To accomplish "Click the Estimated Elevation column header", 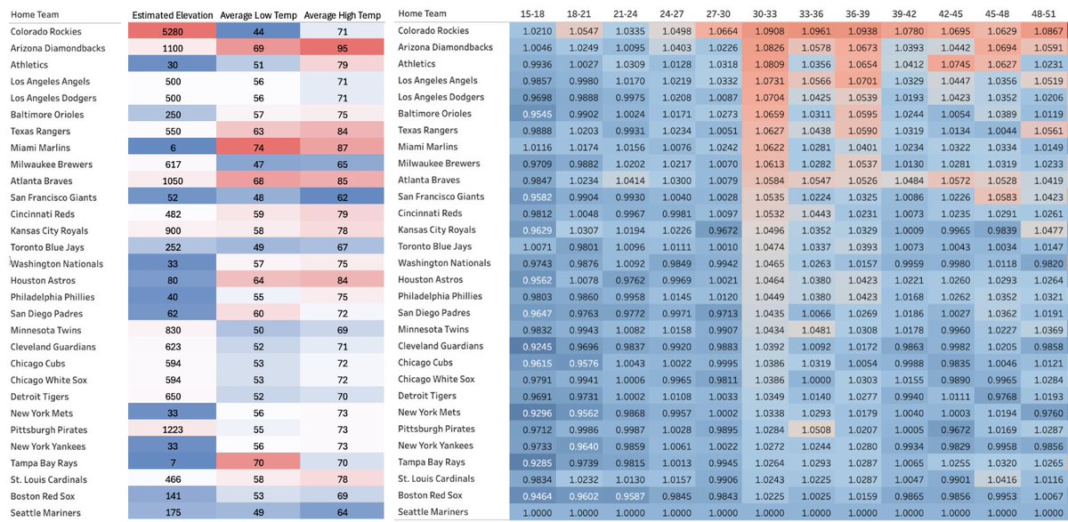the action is (x=172, y=15).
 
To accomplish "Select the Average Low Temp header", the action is (x=258, y=15).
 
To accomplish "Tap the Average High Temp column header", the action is (x=343, y=15).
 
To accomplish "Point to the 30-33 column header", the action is (x=765, y=14).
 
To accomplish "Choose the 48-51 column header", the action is (x=1044, y=14).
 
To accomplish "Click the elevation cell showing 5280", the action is (x=172, y=31).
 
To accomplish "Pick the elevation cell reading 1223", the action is (x=172, y=430).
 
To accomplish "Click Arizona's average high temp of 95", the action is (x=343, y=48).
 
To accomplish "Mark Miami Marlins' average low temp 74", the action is (x=258, y=148).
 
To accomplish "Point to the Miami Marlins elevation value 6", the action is (x=172, y=148).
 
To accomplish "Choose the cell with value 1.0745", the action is (x=955, y=64).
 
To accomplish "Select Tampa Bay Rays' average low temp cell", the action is (x=258, y=463).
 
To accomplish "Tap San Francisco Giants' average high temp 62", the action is (x=343, y=197).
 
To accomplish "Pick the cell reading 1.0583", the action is (x=1002, y=197).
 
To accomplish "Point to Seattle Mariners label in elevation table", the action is (x=45, y=513).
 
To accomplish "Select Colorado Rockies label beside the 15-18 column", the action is (x=433, y=30).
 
